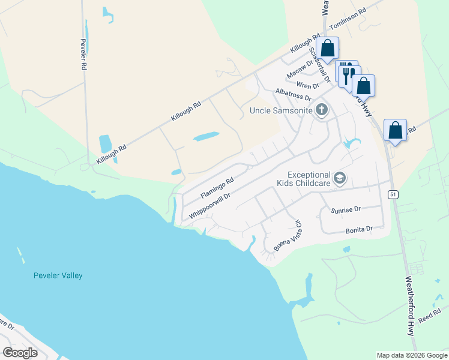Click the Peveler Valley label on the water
[x=58, y=275]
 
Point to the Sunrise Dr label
[x=345, y=209]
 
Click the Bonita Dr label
[x=359, y=229]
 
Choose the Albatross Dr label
[x=293, y=94]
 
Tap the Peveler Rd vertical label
[x=83, y=55]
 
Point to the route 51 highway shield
[x=393, y=194]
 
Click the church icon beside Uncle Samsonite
[x=322, y=110]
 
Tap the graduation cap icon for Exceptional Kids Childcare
[x=340, y=178]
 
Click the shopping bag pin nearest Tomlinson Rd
[x=328, y=48]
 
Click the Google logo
[x=20, y=353]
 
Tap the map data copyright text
[x=411, y=355]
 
